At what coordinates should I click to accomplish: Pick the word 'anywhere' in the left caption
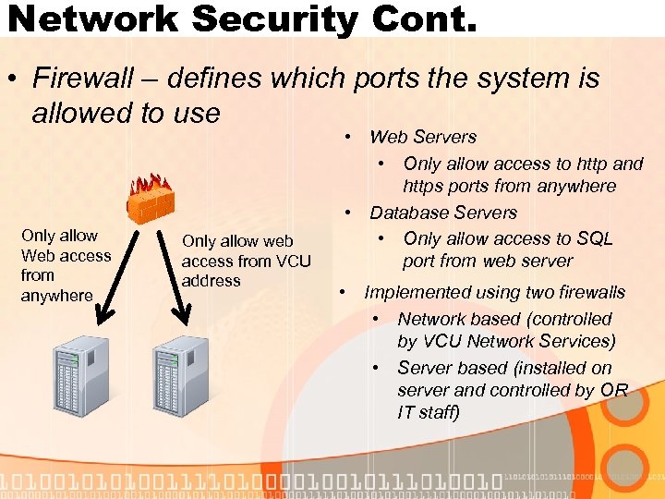57,296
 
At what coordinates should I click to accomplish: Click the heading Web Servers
423,137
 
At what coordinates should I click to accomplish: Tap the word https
427,187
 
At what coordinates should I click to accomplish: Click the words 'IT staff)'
429,413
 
